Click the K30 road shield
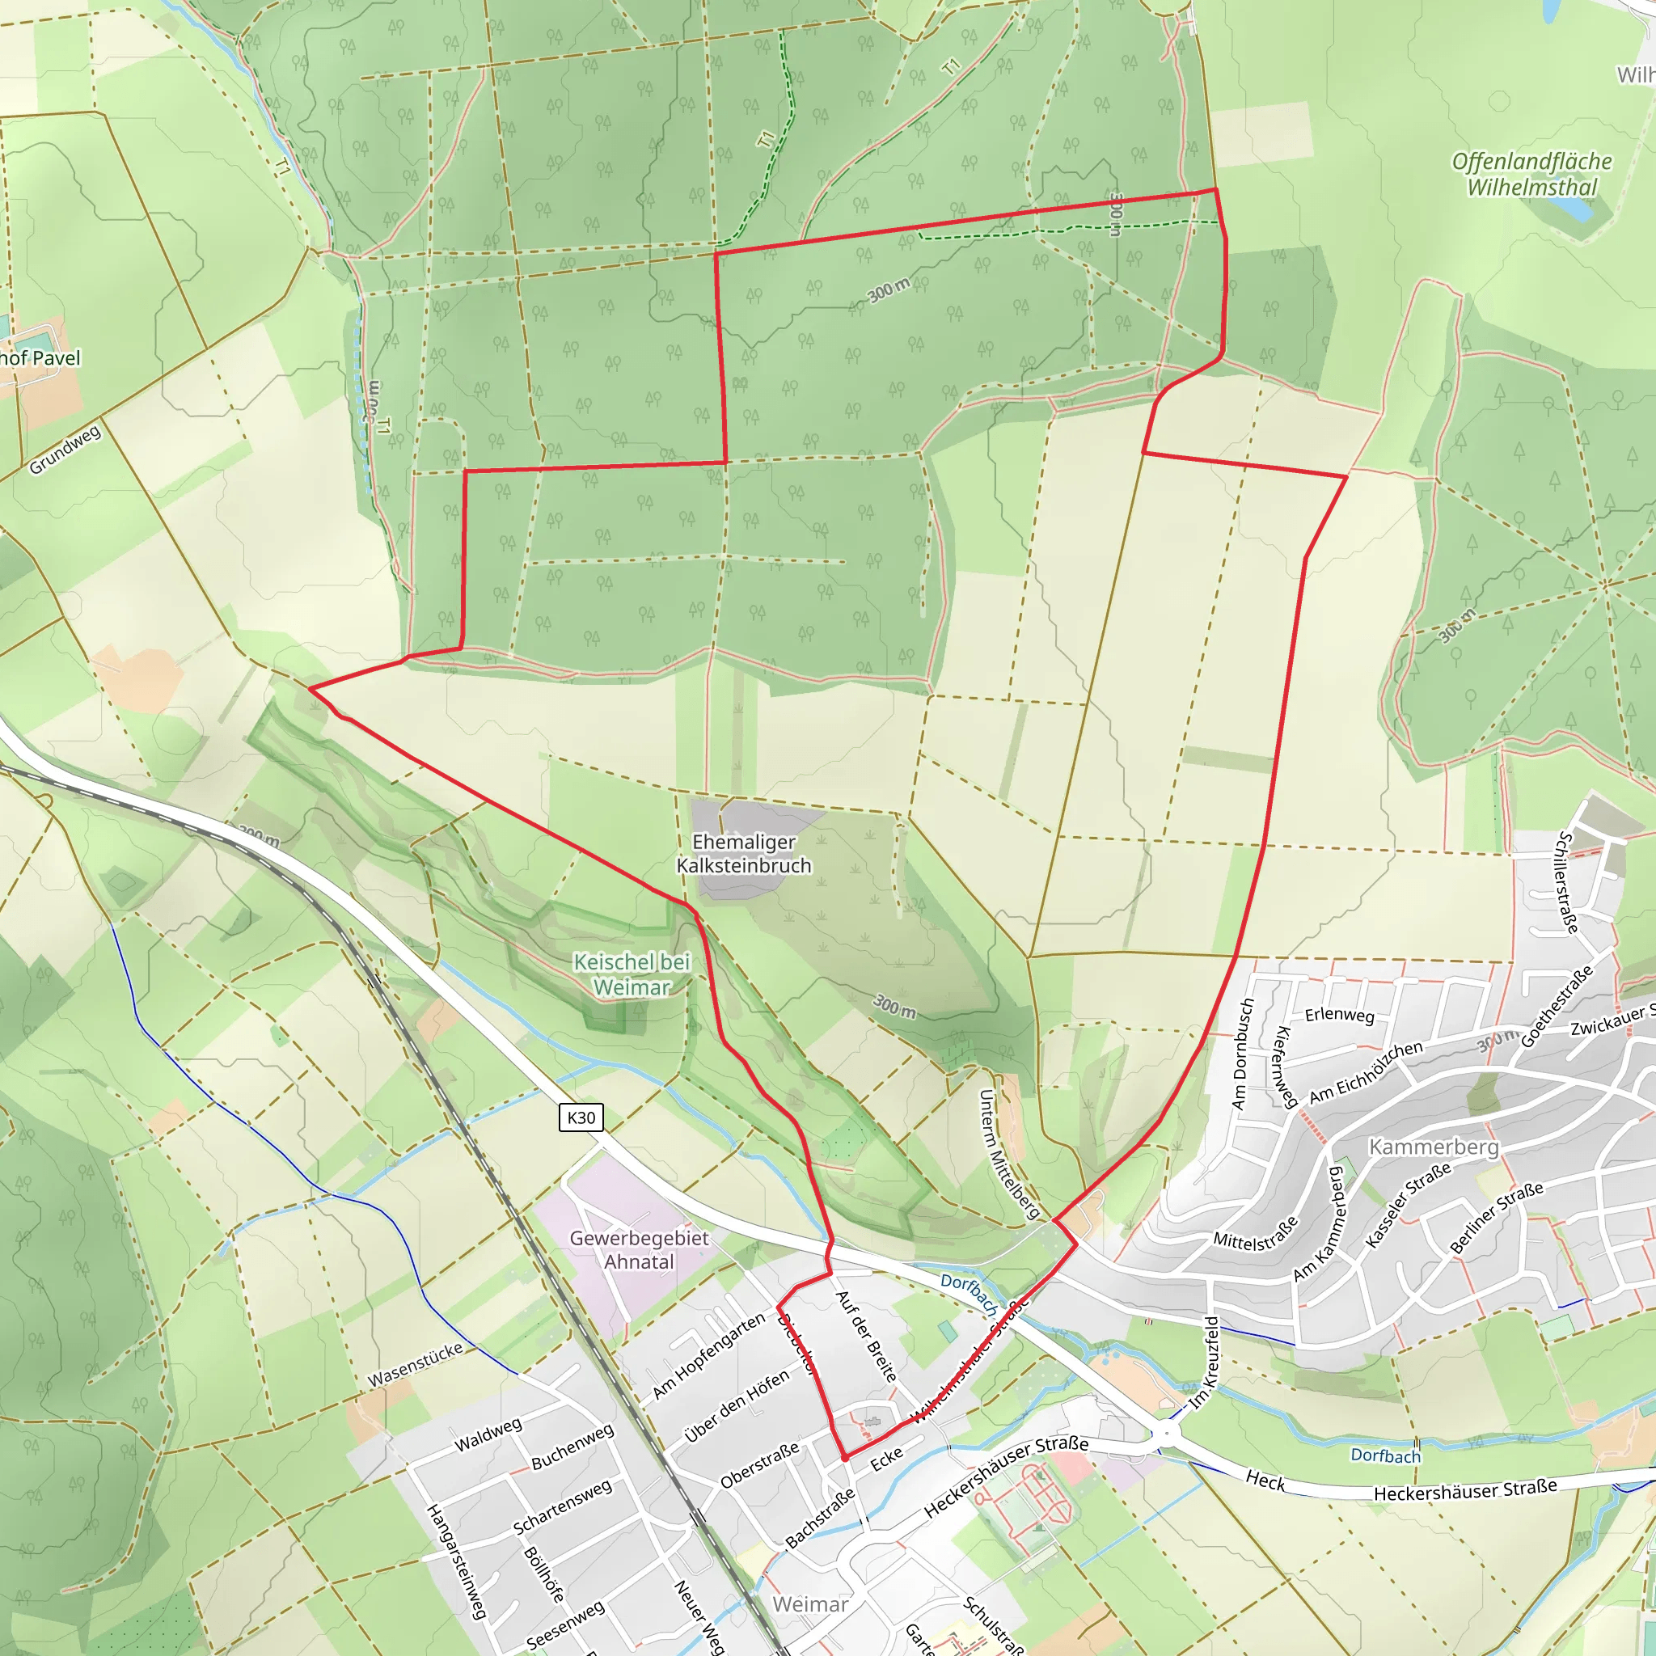(581, 1117)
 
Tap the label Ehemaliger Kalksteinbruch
(744, 854)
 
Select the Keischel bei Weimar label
(632, 974)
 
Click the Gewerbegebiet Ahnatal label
(640, 1250)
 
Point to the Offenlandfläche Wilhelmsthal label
(1531, 174)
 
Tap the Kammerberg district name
(1434, 1147)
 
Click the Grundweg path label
(65, 449)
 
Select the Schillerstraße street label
(1567, 882)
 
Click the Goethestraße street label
(1557, 1006)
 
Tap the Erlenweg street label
(1340, 1015)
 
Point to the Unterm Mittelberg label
(1009, 1154)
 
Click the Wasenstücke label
(416, 1365)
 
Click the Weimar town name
(810, 1603)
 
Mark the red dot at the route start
(845, 1457)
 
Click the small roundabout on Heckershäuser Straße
(1167, 1433)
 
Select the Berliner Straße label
(1497, 1217)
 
